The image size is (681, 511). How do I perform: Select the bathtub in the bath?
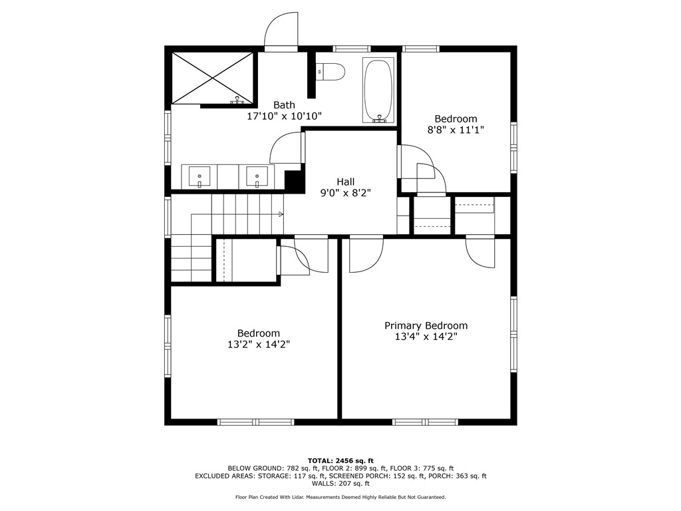tap(378, 90)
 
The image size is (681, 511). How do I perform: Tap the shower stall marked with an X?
tap(213, 78)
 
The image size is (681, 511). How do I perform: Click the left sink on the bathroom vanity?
tap(199, 177)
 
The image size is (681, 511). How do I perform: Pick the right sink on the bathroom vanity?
tap(257, 177)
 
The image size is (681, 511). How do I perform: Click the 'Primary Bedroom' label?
tap(426, 325)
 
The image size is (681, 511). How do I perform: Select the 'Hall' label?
tap(345, 182)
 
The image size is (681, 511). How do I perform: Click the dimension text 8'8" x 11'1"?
tap(456, 130)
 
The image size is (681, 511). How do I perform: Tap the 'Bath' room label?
tap(284, 104)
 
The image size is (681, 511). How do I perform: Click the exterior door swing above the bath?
tap(281, 31)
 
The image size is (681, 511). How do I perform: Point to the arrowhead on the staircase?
tap(281, 214)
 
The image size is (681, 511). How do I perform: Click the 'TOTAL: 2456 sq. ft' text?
tap(340, 460)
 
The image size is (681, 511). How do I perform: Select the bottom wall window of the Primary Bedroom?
tap(425, 422)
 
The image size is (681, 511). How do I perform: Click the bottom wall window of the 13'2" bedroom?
tap(256, 422)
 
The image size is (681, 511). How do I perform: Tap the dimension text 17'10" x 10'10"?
tap(284, 116)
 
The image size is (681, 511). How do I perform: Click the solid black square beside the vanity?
tap(292, 180)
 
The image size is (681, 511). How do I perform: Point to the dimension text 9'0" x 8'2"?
tap(345, 193)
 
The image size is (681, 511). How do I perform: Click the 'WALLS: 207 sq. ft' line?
tap(340, 484)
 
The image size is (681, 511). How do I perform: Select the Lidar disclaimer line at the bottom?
tap(340, 497)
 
